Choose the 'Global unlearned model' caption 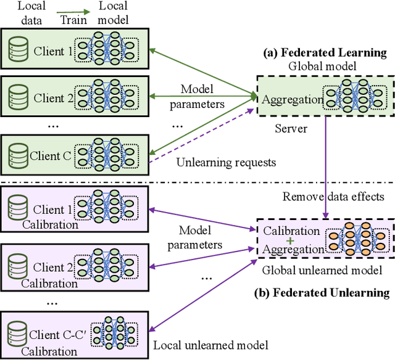(322, 270)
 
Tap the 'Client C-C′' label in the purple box (55, 335)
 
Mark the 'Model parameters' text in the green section (202, 96)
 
